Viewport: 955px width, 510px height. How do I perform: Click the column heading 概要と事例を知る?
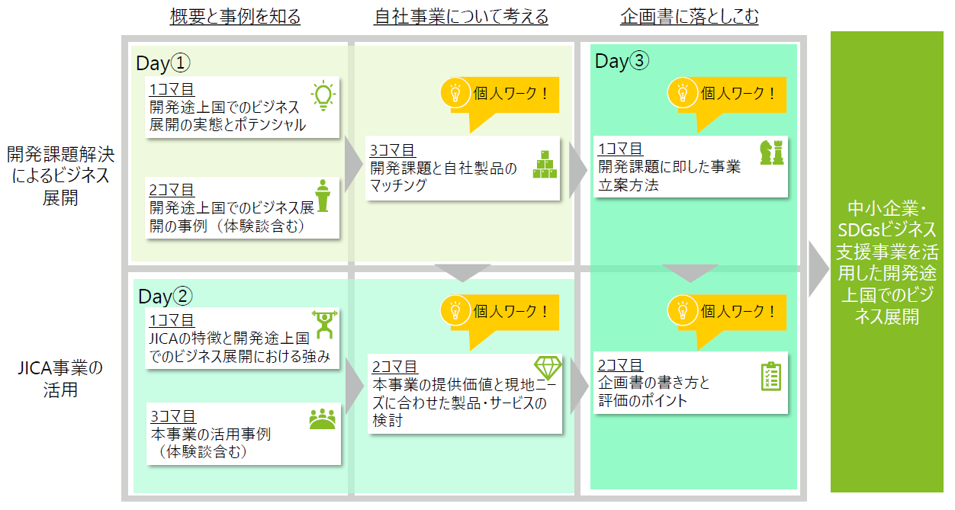236,17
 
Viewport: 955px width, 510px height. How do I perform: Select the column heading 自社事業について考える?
461,17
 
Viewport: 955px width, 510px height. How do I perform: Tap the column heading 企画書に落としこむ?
690,17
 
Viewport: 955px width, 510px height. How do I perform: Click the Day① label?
163,63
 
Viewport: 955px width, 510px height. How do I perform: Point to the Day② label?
166,296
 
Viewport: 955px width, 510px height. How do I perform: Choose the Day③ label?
622,61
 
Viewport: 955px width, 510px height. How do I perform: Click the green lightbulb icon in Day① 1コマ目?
323,96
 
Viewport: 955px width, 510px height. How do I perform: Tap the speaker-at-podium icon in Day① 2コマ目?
323,196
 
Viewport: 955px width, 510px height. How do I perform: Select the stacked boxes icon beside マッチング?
545,164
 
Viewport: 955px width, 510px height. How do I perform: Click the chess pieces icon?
772,152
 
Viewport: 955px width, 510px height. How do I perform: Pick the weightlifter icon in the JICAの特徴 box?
324,325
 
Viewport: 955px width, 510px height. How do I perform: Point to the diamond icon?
548,367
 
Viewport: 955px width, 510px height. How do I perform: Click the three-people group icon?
323,419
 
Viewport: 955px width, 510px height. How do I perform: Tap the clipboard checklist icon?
771,377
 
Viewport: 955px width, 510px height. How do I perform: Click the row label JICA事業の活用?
60,379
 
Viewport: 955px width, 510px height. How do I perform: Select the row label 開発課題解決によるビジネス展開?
60,176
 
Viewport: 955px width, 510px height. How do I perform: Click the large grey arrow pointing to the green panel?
818,269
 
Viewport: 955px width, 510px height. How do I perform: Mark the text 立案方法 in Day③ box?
628,185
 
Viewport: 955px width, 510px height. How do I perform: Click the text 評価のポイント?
642,400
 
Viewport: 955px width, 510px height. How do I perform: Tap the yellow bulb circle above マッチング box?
455,92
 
